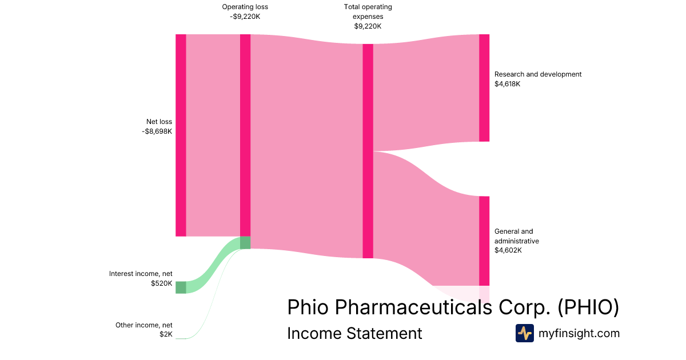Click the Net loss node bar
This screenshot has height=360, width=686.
[x=181, y=135]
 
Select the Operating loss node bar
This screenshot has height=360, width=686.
[x=245, y=135]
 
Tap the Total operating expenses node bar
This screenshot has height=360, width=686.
[x=368, y=151]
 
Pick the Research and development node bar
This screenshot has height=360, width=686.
[x=484, y=87]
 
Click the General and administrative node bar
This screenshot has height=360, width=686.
[x=484, y=241]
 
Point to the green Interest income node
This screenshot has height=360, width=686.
[x=181, y=287]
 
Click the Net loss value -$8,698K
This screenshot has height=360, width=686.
[x=157, y=131]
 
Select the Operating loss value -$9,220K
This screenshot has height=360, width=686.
[x=245, y=17]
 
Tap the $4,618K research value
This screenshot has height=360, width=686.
[x=508, y=84]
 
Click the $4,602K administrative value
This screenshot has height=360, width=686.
[x=508, y=250]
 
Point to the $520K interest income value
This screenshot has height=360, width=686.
[x=161, y=283]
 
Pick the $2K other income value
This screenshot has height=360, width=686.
[x=166, y=335]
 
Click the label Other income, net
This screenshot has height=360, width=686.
[x=143, y=325]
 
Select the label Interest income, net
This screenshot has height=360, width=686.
[x=141, y=274]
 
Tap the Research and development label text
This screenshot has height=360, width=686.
[x=537, y=74]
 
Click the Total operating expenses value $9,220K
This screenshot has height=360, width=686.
[x=368, y=26]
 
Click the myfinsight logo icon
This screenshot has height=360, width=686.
[x=524, y=333]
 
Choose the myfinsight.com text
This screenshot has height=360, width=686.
[x=579, y=333]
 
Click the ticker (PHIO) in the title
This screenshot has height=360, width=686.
[x=588, y=307]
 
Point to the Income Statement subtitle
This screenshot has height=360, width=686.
[x=354, y=333]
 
